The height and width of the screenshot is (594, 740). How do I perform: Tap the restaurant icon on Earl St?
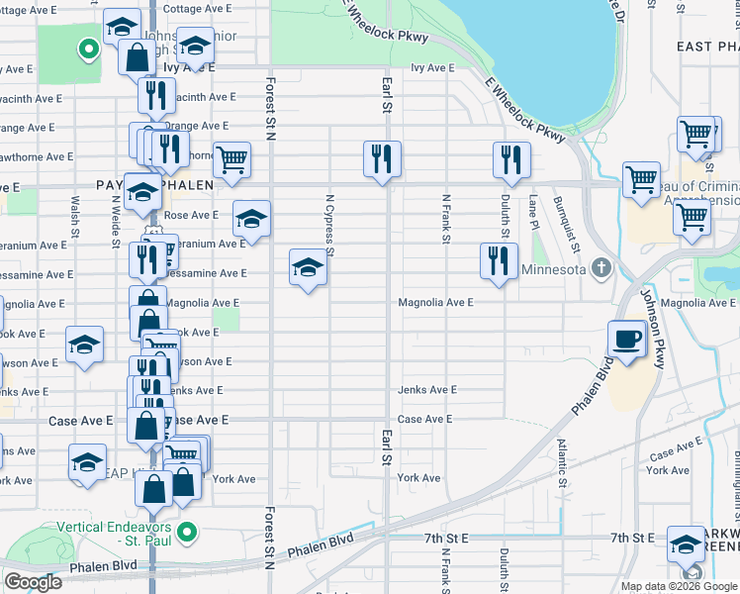pos(382,159)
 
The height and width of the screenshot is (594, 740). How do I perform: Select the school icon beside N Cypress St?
pos(308,268)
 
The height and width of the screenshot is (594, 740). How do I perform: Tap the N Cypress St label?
pos(330,224)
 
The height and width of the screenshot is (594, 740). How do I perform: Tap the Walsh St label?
pos(75,218)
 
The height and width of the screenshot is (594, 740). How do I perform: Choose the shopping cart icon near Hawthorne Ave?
pos(231,159)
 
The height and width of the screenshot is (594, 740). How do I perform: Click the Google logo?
pos(35,581)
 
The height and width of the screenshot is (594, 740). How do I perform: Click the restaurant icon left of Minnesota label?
pos(498,262)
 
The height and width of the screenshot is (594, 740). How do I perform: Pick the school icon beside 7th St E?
pos(686,544)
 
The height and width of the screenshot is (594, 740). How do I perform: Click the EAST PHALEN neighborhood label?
pos(707,47)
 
